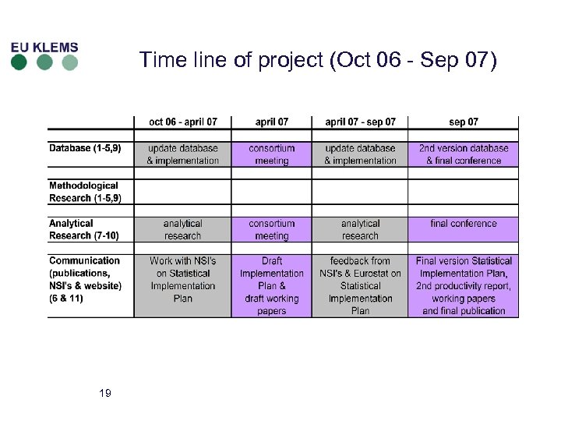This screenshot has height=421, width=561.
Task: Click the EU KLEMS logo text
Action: coord(44,47)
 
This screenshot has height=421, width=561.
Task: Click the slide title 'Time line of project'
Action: coord(317,60)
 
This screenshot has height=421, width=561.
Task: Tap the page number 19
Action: coord(105,393)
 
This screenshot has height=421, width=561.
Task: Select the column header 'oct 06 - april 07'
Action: coord(183,122)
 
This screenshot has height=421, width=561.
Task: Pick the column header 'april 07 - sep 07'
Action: coord(360,122)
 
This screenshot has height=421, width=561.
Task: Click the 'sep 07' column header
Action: coord(464,122)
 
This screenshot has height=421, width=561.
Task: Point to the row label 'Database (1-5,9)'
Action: coord(85,148)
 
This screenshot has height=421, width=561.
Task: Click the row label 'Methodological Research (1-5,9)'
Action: coord(84,192)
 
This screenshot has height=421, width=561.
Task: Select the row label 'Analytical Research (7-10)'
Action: coord(84,229)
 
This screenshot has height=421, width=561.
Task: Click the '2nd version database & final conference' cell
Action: coord(464,154)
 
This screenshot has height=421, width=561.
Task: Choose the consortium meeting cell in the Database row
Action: coord(272,154)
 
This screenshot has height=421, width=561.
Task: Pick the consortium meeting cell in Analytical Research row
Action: coord(272,229)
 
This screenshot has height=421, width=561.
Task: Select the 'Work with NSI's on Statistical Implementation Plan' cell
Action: coord(183,285)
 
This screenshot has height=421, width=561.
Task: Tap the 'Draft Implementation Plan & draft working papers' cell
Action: coord(272,285)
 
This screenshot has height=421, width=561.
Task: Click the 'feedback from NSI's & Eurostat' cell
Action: coord(360,285)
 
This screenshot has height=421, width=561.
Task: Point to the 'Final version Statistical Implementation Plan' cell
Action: coord(464,285)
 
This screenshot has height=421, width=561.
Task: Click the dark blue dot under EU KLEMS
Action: coord(19,63)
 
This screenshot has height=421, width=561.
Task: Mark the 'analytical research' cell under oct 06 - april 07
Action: coord(183,229)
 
